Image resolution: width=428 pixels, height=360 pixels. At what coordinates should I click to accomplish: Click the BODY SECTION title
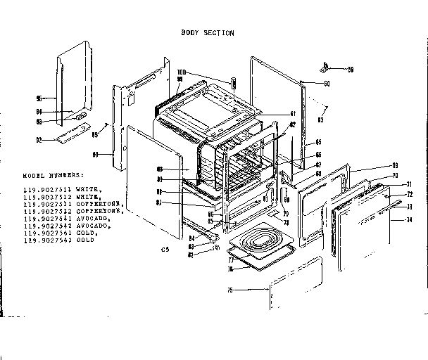click(x=208, y=33)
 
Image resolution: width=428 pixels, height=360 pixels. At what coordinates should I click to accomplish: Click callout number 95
click(x=39, y=98)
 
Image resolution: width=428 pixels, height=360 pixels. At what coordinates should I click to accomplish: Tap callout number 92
click(x=39, y=139)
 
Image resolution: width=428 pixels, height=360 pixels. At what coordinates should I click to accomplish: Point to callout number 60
click(x=327, y=84)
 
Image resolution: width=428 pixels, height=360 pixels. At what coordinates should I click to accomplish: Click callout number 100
click(x=181, y=72)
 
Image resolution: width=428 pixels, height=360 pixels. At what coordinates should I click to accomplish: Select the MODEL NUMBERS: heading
click(x=53, y=175)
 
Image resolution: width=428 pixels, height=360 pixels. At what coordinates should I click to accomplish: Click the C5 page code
click(x=165, y=250)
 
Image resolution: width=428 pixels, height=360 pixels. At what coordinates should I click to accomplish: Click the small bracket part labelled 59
click(x=324, y=68)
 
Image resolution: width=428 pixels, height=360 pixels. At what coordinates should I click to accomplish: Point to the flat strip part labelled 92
click(x=73, y=135)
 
